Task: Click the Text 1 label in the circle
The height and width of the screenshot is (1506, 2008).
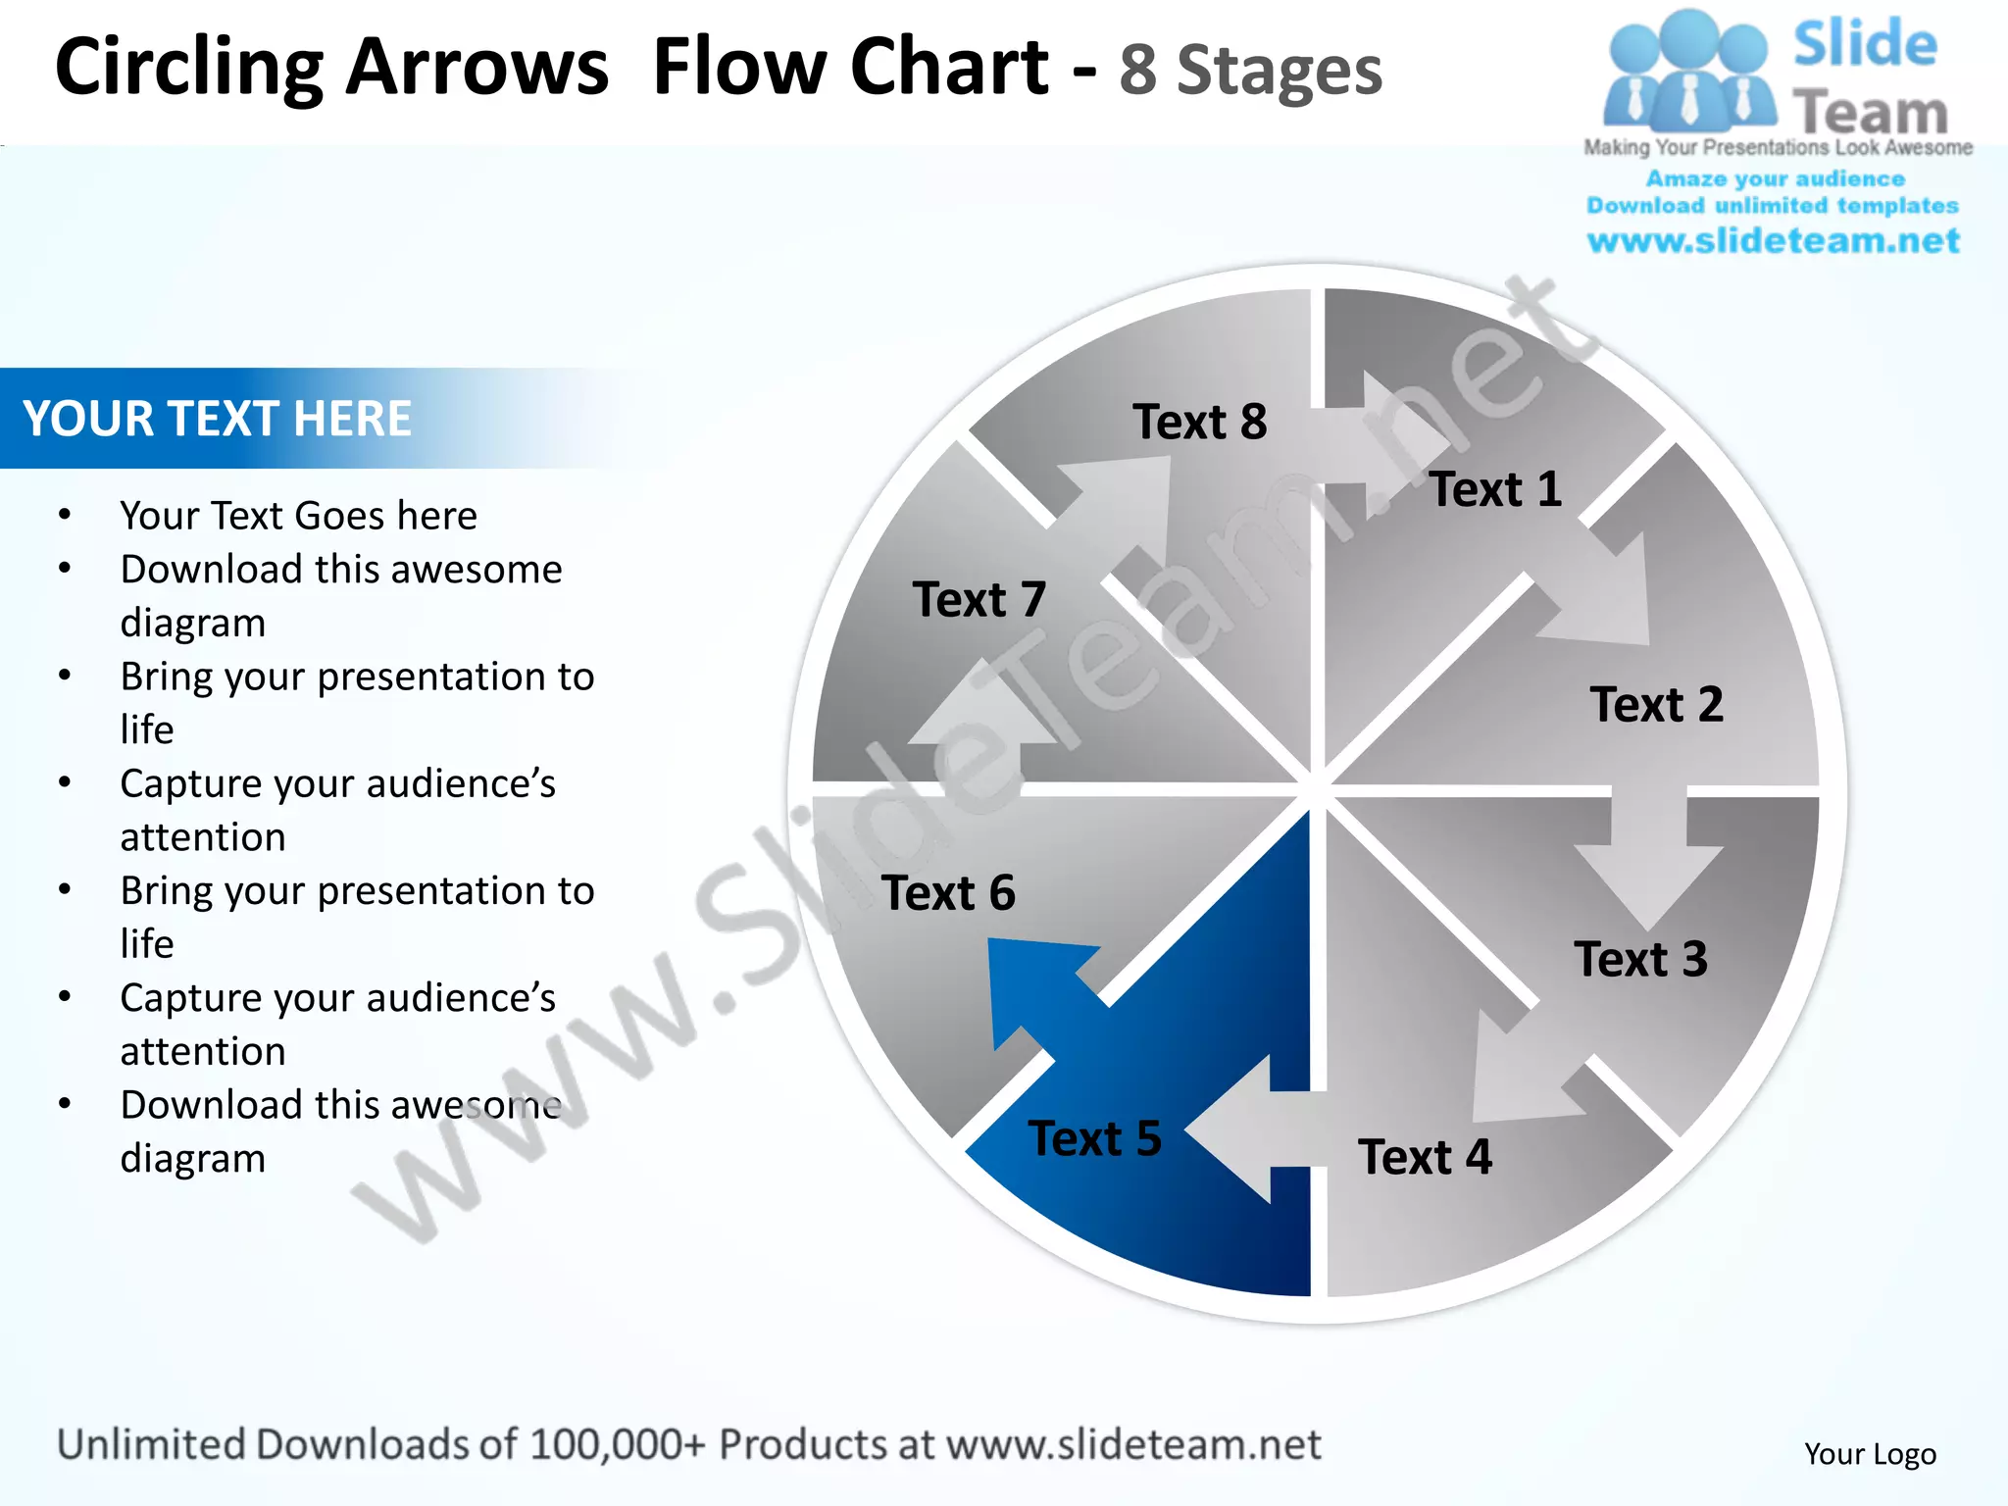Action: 1495,489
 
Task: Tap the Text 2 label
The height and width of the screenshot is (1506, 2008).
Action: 1656,705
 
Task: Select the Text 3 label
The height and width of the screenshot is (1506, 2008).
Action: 1640,960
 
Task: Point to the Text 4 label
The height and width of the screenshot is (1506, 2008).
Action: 1425,1157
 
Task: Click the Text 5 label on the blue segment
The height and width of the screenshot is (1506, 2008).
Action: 1094,1139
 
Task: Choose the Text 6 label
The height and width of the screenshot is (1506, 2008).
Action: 948,893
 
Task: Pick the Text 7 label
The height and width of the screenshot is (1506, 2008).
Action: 979,600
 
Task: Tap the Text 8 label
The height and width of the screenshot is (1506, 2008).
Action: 1199,423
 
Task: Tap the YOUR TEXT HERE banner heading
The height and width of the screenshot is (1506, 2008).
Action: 217,419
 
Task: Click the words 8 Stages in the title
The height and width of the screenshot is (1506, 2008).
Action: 1250,71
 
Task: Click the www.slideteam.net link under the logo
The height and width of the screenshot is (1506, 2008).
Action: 1773,241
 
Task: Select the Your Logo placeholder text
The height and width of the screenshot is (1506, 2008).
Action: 1870,1454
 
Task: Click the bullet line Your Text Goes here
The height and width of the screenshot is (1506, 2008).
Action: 298,516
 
